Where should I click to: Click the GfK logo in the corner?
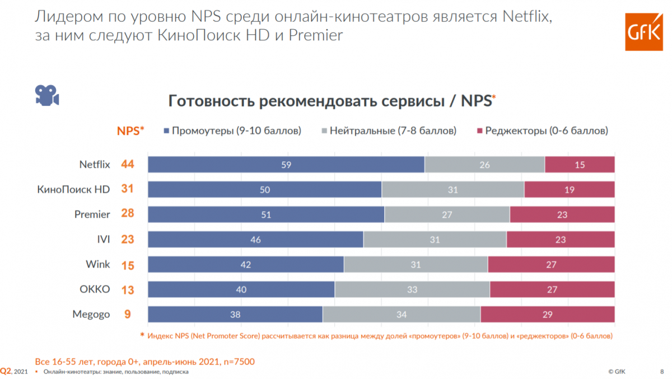click(x=641, y=32)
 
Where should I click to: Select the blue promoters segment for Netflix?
click(x=286, y=165)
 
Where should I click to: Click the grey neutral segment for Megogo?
click(x=401, y=315)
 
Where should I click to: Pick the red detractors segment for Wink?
click(x=551, y=265)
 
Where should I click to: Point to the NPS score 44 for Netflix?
click(x=128, y=165)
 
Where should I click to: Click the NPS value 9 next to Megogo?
click(x=128, y=315)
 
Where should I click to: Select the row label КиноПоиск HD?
click(x=73, y=190)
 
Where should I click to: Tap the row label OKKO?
click(x=95, y=289)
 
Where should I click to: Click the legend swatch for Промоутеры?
click(x=166, y=131)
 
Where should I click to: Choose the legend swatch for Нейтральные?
click(x=324, y=131)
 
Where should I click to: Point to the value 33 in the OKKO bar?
click(x=412, y=289)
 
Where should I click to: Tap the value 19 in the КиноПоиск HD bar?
click(x=569, y=190)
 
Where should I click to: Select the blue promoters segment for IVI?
click(x=255, y=240)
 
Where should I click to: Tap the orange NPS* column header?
click(x=130, y=131)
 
